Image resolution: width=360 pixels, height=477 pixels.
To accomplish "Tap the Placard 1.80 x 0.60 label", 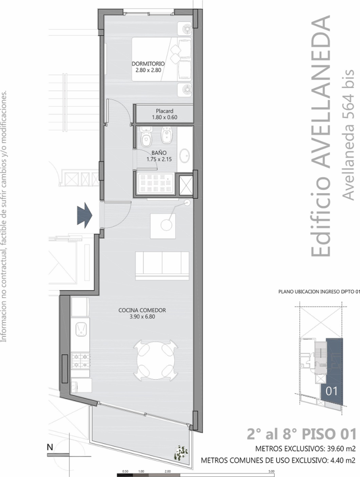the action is tap(165, 114).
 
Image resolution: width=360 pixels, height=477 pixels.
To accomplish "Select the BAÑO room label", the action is tap(159, 156).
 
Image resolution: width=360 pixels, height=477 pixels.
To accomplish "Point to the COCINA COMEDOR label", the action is tap(142, 313).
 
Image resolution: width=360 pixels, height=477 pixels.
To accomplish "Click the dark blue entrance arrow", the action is tap(85, 215).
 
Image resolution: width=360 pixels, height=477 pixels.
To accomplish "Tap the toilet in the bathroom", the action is tap(146, 137).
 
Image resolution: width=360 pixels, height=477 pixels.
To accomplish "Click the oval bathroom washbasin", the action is tap(184, 155).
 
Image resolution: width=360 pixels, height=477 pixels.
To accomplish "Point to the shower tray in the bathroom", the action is tap(156, 183).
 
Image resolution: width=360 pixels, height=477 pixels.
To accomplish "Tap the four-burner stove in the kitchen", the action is tap(81, 361).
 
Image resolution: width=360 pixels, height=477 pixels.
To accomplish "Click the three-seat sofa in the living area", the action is tap(162, 266).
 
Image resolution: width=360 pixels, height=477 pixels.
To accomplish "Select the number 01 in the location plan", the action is tap(331, 391).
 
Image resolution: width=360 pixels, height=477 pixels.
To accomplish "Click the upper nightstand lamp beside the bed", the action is tap(186, 28).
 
